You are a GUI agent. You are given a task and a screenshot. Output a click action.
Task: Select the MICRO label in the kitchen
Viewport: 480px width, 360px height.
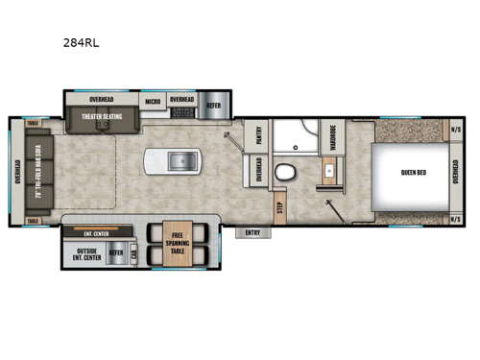pyautogui.click(x=153, y=100)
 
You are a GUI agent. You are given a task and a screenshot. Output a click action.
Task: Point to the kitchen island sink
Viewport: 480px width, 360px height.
pyautogui.click(x=180, y=160)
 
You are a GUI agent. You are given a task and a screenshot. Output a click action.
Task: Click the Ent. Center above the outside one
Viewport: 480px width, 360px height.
pyautogui.click(x=96, y=232)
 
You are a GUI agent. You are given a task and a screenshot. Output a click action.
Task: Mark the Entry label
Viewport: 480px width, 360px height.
pyautogui.click(x=253, y=231)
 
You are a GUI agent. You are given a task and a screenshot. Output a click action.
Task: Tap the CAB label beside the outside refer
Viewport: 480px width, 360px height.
pyautogui.click(x=133, y=254)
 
